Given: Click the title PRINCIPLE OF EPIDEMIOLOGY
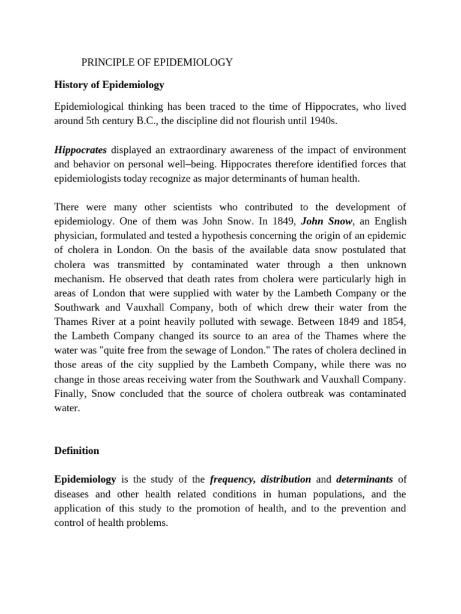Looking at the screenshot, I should pos(157,62).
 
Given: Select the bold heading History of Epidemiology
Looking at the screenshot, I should pos(109,85).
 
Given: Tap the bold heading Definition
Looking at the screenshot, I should pos(77,450).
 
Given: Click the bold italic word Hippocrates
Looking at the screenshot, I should pos(80,149).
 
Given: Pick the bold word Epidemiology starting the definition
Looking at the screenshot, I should pos(85,479).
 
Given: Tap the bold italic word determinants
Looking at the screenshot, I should pos(364,479).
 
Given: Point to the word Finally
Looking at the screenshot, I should pos(70,394).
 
